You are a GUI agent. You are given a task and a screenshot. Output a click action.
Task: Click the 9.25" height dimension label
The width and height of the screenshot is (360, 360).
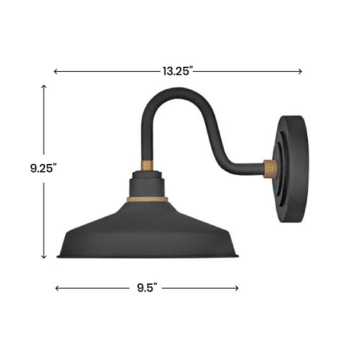click(44, 168)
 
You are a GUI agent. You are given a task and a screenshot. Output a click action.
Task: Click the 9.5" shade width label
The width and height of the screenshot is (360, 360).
click(147, 288)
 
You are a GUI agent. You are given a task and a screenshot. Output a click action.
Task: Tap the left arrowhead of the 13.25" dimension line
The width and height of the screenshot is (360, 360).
click(55, 72)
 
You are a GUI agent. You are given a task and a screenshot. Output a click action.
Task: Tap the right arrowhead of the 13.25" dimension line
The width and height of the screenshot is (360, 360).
click(300, 72)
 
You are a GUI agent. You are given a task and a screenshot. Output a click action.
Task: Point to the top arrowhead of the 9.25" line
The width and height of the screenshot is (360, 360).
click(44, 86)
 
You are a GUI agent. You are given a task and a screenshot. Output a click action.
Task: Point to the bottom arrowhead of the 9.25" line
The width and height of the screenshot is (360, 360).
click(44, 257)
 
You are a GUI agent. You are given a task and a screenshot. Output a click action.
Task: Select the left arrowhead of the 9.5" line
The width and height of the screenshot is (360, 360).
click(57, 288)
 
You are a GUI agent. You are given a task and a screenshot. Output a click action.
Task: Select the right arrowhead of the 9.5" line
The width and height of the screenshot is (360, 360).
click(237, 288)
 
